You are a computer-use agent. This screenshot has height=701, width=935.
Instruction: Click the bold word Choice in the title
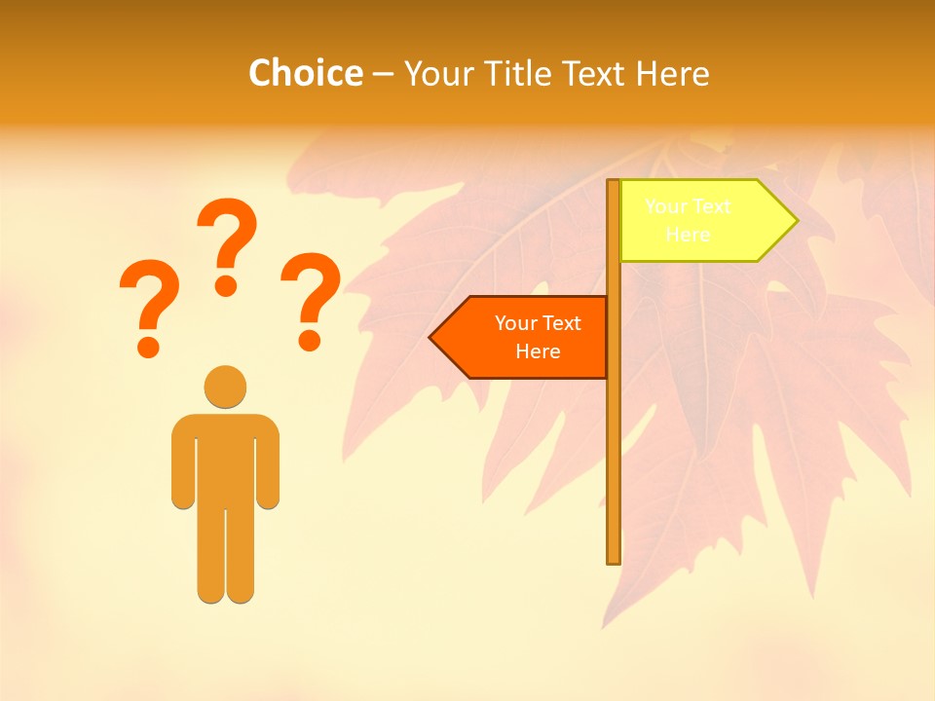pos(305,73)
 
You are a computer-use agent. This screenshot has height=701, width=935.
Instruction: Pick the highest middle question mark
pos(227,243)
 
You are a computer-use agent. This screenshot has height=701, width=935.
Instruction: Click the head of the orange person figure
pos(225,387)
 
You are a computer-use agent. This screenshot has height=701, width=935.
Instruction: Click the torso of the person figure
pos(225,458)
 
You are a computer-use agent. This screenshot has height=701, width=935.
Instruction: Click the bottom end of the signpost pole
pos(614,559)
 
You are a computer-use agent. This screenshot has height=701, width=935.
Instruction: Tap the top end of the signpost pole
pos(614,184)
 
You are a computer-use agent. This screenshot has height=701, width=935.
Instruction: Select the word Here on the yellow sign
pos(688,235)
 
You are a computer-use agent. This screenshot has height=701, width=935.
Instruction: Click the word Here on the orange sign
pos(538,351)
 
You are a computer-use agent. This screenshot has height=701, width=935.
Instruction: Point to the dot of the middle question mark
pos(226,285)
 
